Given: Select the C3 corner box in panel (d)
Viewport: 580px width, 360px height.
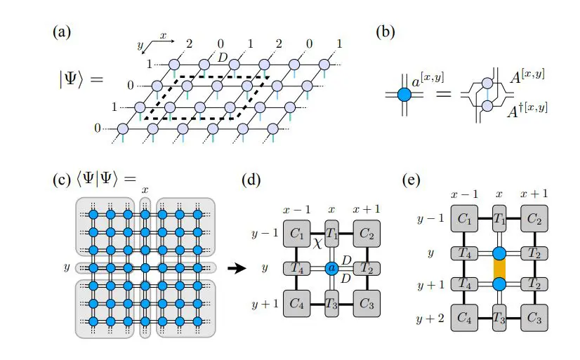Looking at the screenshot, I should point(367,304).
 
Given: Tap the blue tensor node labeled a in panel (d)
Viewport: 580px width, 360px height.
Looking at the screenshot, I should point(333,268).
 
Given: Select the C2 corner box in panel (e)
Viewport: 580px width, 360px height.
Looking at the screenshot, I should point(535,220).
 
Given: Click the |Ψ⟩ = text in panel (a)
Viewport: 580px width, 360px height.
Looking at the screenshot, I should point(79,79).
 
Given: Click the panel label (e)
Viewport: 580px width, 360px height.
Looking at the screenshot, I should point(411,180).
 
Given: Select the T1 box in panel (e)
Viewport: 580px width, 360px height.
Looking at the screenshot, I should point(500,220).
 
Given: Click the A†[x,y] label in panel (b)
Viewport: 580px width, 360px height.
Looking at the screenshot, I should point(526,109).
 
